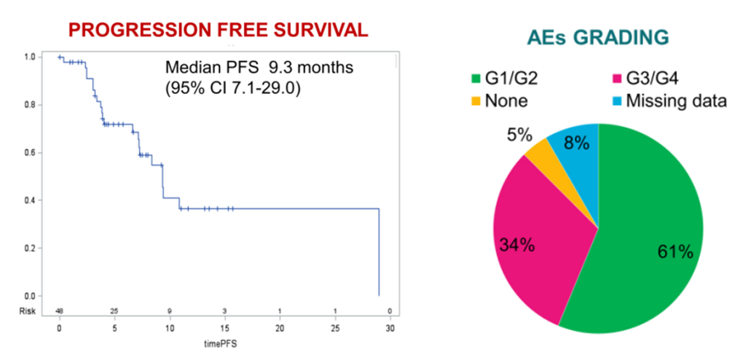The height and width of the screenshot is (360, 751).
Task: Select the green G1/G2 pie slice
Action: [641, 240]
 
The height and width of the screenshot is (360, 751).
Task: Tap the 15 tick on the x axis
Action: [224, 328]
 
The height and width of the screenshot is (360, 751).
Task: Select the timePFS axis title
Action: [224, 342]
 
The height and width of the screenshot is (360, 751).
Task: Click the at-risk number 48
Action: [59, 311]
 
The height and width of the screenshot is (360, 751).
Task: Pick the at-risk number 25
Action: [114, 311]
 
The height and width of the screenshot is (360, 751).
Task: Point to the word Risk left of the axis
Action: [27, 311]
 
